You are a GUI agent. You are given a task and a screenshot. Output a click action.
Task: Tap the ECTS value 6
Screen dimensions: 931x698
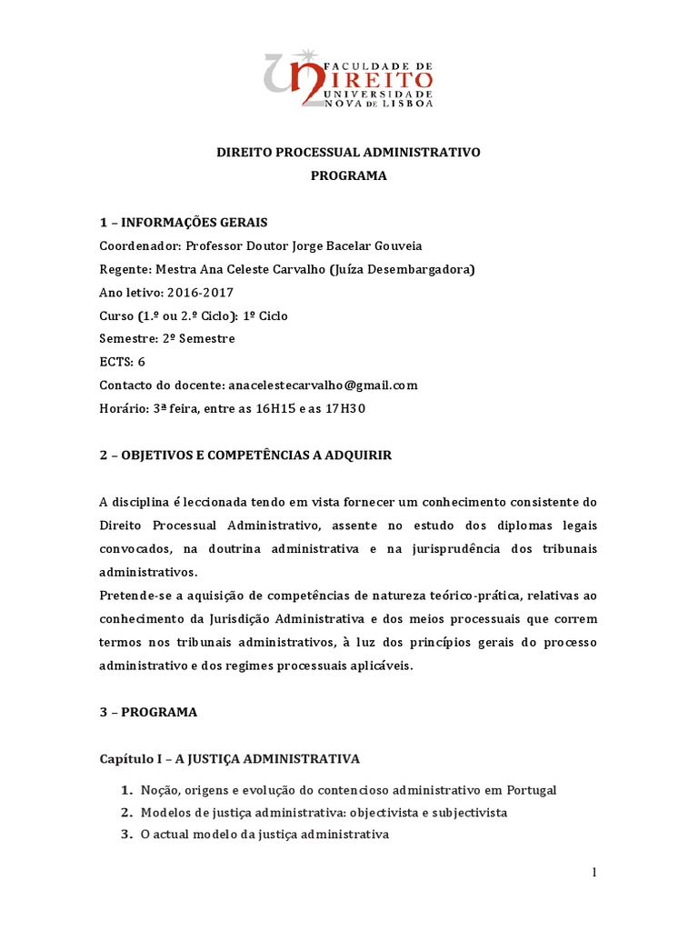point(142,362)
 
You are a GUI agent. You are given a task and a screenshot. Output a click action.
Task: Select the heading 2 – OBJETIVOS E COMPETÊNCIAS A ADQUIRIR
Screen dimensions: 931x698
point(245,455)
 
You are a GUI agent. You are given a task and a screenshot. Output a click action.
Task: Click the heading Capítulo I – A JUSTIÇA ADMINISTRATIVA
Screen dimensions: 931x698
point(230,758)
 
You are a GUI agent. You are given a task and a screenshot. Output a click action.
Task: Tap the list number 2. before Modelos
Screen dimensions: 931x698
point(126,812)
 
